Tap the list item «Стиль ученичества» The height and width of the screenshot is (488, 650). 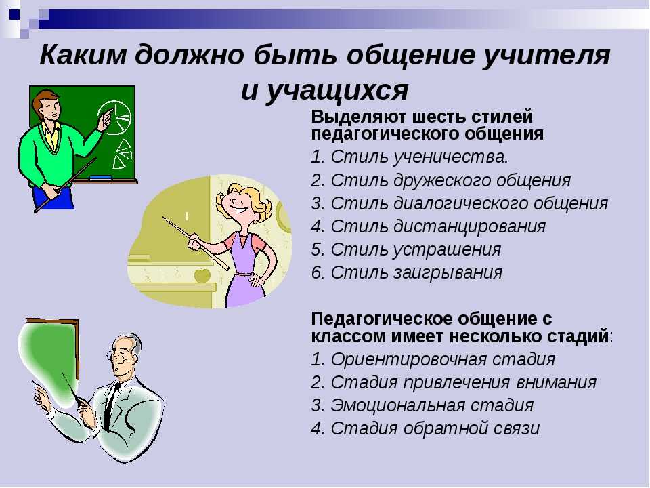(420, 157)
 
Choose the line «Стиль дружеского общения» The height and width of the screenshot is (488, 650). (451, 180)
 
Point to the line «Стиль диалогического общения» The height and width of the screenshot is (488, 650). (469, 203)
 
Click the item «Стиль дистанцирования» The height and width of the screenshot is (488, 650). (438, 226)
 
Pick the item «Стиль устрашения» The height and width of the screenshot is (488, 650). (416, 250)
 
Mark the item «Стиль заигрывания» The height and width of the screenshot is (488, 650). (416, 273)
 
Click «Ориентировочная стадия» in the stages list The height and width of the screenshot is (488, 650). (443, 359)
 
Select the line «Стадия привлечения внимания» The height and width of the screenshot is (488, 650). (463, 382)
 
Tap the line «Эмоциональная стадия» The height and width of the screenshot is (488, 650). (432, 405)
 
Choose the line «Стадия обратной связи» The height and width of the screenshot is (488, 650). (435, 428)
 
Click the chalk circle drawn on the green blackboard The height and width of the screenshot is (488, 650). (114, 117)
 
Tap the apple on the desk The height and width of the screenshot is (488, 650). (202, 275)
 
